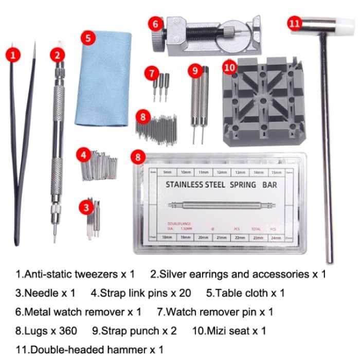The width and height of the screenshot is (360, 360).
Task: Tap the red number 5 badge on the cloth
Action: click(89, 39)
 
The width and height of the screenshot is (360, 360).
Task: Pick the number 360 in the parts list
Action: click(68, 330)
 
